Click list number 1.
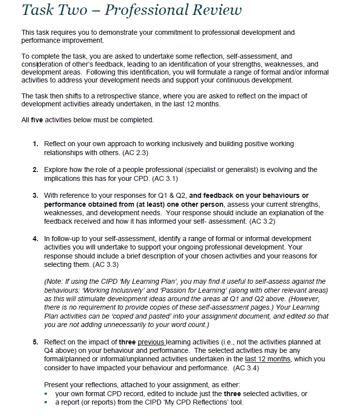(x=35, y=144)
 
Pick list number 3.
(x=35, y=195)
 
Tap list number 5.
(x=35, y=342)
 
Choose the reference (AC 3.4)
(x=244, y=368)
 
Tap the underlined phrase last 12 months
(x=273, y=359)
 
